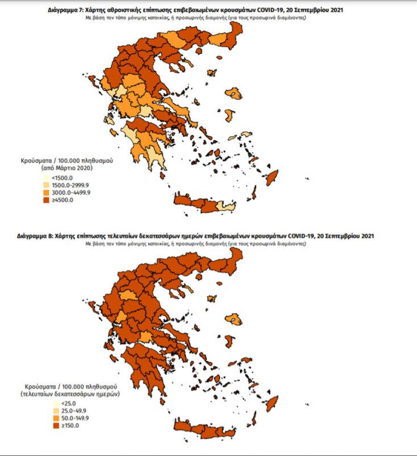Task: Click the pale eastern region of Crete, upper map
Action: pos(227,205)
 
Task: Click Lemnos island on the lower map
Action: pos(212,297)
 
